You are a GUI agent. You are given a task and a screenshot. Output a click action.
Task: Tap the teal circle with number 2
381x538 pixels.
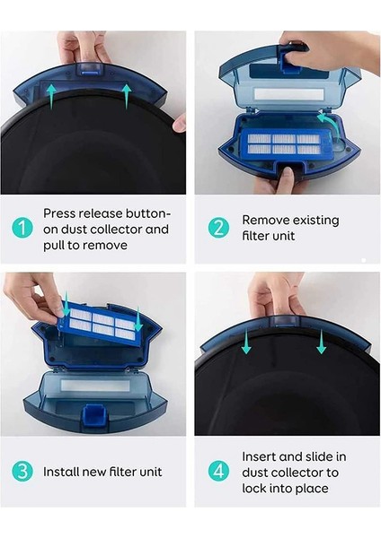(218, 229)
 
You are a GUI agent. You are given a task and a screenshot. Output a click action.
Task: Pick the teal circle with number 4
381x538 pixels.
(218, 471)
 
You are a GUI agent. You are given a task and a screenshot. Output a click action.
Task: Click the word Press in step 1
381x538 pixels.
(60, 213)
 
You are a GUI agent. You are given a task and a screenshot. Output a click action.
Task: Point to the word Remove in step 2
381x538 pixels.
(268, 220)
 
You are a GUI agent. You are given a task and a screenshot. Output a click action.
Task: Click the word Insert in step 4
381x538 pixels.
(261, 456)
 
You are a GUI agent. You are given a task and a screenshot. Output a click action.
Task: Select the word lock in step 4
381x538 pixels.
(256, 488)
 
